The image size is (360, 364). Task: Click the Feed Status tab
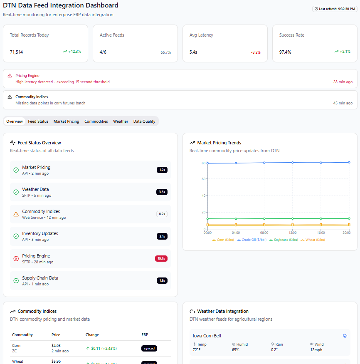click(x=38, y=121)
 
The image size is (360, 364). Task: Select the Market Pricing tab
click(x=66, y=121)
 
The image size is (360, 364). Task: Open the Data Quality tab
click(x=144, y=121)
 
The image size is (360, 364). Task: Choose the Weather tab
click(x=121, y=121)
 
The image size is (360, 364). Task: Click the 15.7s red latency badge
click(x=161, y=258)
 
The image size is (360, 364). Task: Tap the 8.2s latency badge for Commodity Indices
click(x=162, y=214)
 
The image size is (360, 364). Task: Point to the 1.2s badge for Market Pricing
click(x=162, y=170)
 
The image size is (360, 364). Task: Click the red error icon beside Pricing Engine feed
click(x=16, y=258)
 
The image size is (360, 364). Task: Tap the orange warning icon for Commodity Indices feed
click(x=16, y=214)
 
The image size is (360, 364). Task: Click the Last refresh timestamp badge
click(x=334, y=9)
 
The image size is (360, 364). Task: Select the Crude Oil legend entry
click(x=252, y=240)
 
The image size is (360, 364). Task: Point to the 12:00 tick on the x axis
click(x=293, y=233)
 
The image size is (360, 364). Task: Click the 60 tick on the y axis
click(x=204, y=179)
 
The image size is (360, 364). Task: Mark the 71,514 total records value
click(x=17, y=52)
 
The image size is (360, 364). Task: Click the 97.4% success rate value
click(x=285, y=52)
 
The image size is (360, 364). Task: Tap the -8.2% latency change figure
click(x=256, y=52)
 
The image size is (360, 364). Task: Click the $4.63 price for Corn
click(x=56, y=346)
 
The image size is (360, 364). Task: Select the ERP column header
click(x=145, y=335)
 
